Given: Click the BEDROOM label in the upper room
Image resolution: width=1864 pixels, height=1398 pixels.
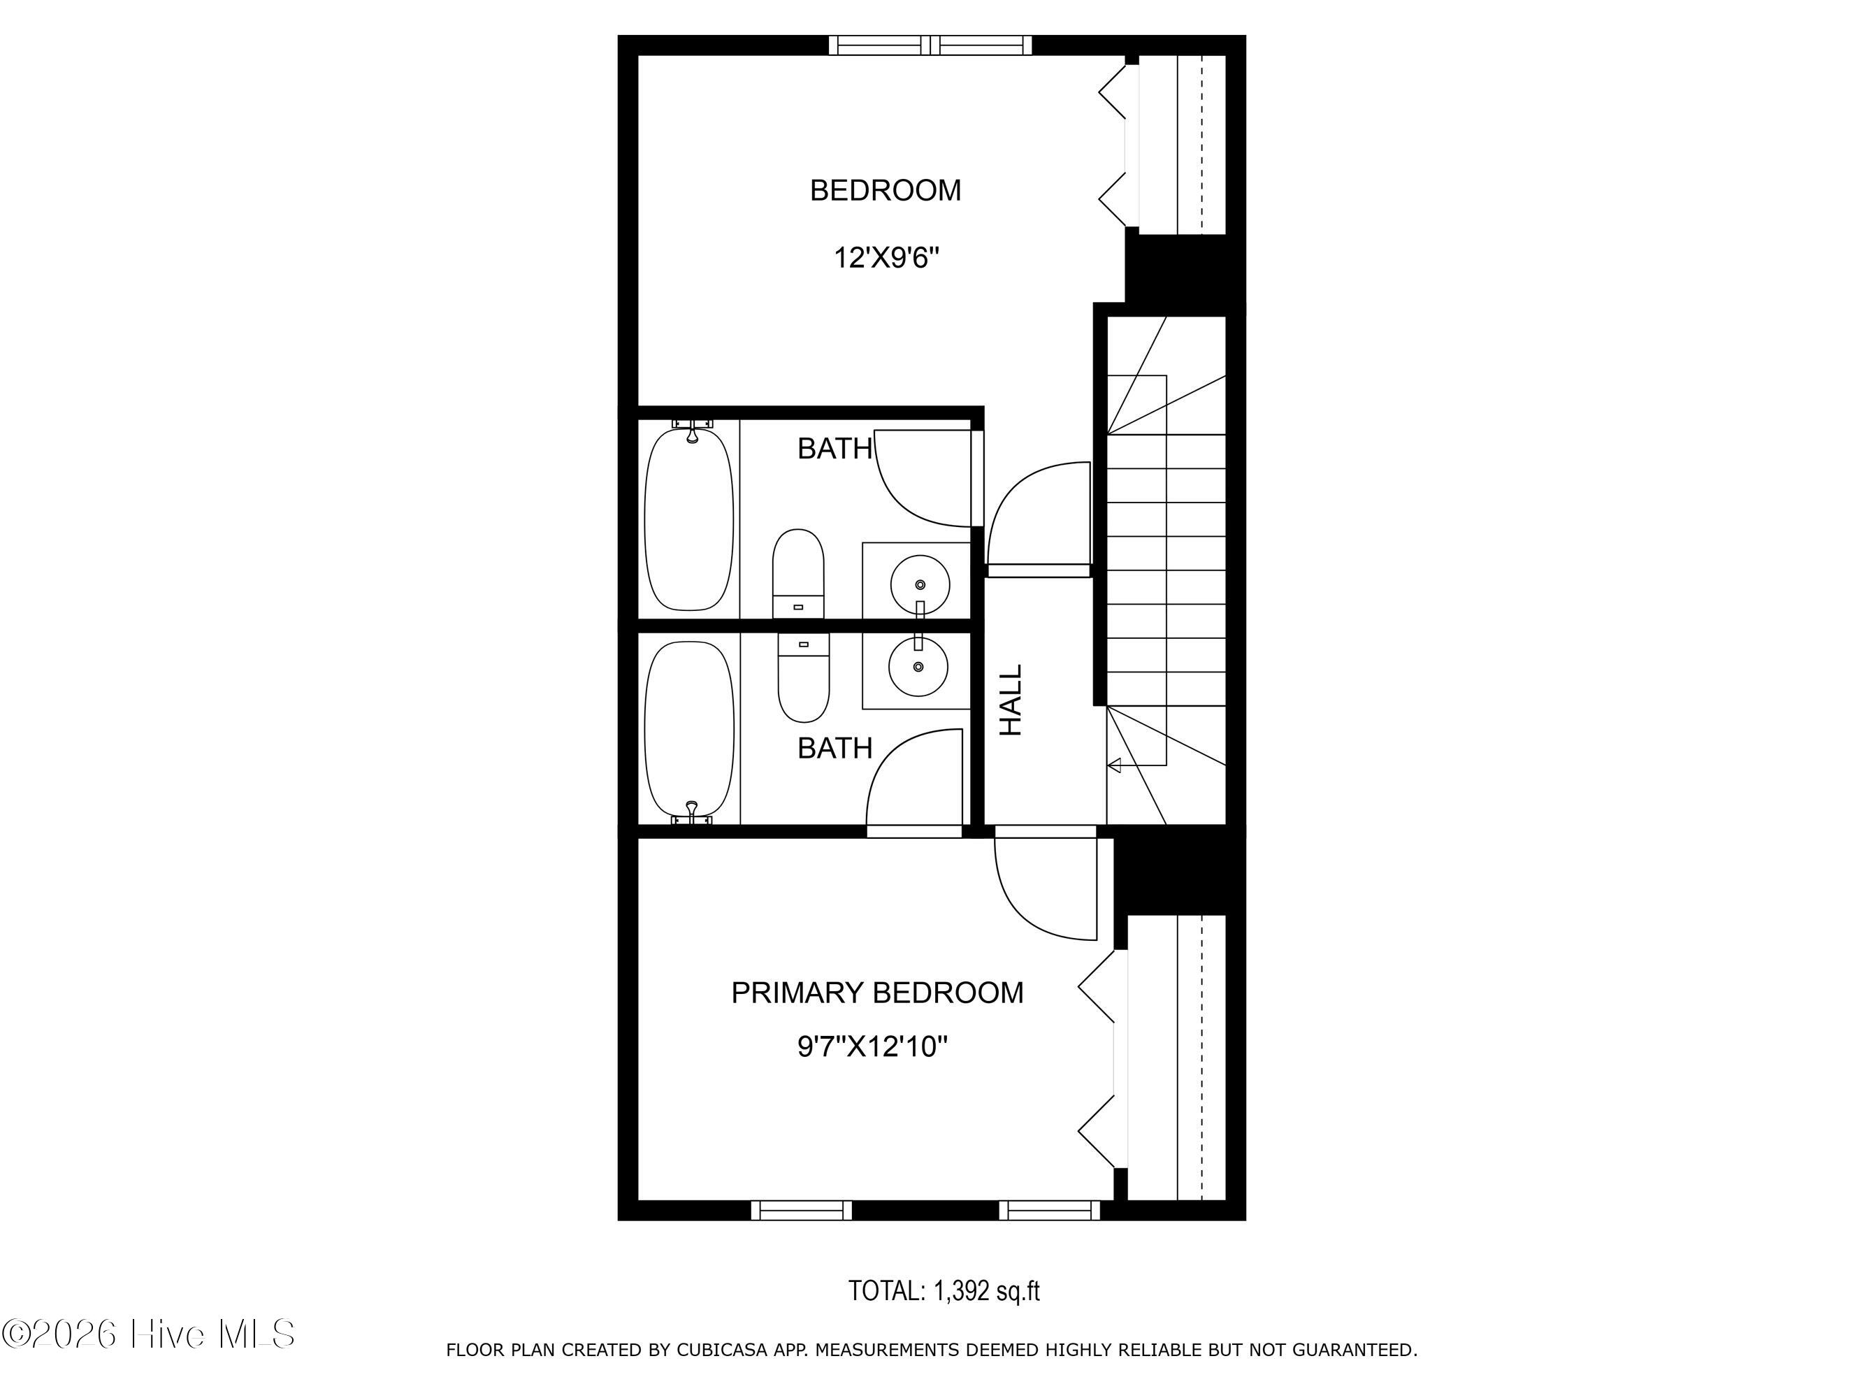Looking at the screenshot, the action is [x=885, y=190].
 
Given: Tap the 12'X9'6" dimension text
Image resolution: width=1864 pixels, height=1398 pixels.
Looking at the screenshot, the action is [x=886, y=257].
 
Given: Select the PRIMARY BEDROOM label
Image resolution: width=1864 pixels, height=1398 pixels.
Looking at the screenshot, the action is [x=877, y=993].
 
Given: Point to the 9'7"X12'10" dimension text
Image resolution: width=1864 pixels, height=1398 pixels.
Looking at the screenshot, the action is [x=872, y=1047].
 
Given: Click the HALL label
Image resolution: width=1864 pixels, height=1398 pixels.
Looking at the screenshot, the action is [x=1011, y=700].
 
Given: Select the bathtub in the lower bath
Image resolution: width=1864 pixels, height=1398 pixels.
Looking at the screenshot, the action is [x=689, y=730].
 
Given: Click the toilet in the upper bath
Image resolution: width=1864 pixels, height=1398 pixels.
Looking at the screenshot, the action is [x=798, y=574].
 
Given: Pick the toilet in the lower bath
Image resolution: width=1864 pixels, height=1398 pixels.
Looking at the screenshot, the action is [x=803, y=677].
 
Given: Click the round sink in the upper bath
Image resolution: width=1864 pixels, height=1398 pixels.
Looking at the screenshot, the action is [x=919, y=583].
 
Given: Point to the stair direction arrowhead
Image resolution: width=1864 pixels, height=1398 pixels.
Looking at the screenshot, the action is [x=1114, y=765].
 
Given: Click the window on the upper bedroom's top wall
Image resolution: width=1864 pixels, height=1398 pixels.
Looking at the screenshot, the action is [x=930, y=45].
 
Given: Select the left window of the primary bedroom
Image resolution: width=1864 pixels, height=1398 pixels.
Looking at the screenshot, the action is [x=802, y=1210].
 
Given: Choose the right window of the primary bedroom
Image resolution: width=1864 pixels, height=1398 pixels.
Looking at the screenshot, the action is [x=1050, y=1210].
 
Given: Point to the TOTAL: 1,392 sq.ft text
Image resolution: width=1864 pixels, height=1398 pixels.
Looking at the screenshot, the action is [x=944, y=1291].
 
